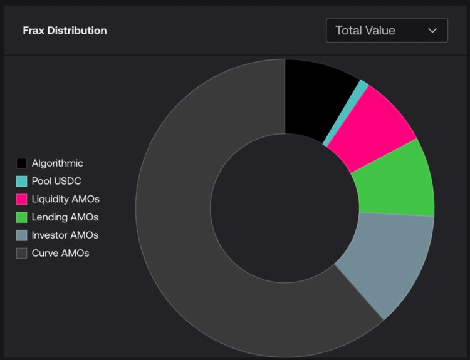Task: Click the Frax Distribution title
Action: [x=65, y=30]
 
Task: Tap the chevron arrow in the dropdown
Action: [x=432, y=30]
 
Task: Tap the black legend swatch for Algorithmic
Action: [x=22, y=163]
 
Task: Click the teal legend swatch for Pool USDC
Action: [x=22, y=182]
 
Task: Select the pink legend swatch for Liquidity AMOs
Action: [x=22, y=200]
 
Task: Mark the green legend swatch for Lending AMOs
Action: [x=22, y=218]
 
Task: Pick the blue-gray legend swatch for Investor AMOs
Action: [x=22, y=236]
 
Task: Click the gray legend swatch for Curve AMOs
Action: [x=22, y=254]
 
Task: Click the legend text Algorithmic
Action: [x=57, y=163]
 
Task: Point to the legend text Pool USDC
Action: [x=56, y=182]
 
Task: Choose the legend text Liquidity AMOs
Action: [x=65, y=200]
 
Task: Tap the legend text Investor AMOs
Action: [x=65, y=236]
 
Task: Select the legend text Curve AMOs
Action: [x=60, y=254]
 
